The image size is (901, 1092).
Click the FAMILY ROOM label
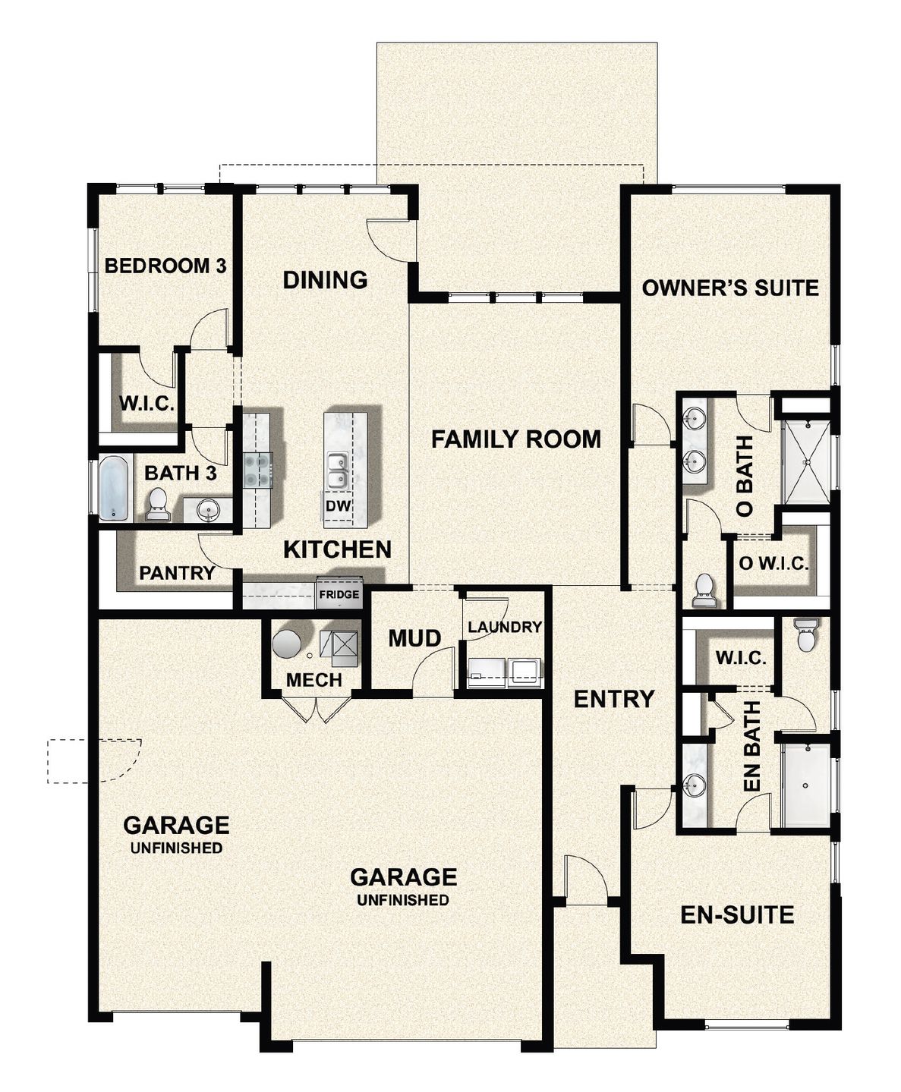tap(516, 439)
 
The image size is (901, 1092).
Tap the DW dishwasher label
tap(338, 505)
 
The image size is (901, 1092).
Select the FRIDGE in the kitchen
tap(339, 593)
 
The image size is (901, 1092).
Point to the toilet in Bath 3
tap(157, 505)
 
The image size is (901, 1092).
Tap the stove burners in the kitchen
tap(257, 469)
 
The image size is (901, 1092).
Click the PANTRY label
tap(177, 573)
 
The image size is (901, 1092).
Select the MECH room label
tap(314, 680)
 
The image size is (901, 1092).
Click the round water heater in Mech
tap(287, 644)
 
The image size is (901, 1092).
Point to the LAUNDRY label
tap(504, 627)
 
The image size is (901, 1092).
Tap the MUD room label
tap(415, 638)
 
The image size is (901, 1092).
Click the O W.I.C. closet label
tap(773, 564)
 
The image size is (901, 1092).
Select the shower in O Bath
tap(806, 462)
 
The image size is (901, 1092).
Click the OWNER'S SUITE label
tap(730, 288)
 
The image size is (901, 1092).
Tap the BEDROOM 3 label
tap(165, 266)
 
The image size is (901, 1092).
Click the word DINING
tap(325, 280)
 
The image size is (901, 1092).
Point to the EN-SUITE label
tap(737, 915)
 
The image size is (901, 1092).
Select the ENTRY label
tap(614, 699)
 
